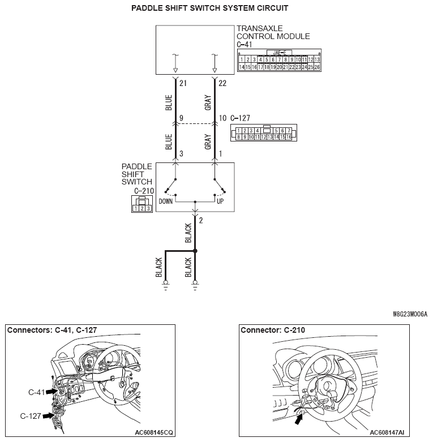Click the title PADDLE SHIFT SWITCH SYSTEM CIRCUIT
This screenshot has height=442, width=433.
point(209,8)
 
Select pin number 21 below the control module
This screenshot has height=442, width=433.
point(183,83)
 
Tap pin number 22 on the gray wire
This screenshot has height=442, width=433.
point(222,83)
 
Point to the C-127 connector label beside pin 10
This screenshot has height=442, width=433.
point(242,119)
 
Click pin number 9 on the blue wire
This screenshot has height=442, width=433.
point(181,119)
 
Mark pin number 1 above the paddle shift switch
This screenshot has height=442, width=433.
point(220,154)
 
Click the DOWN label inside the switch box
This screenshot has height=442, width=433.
point(165,201)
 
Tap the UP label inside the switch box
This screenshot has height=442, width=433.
point(220,201)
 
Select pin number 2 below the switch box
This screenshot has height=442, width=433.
point(201,220)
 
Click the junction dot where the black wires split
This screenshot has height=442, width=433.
point(195,250)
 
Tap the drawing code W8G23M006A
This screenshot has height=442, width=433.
point(410,313)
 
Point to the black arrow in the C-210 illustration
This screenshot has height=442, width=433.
point(298,419)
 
